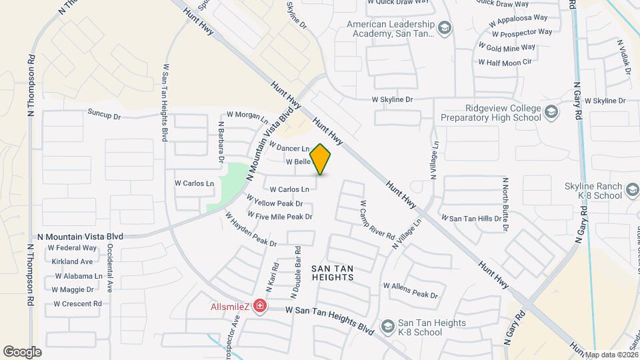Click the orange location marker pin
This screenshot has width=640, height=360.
tap(321, 159)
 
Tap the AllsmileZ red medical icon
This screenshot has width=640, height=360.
tap(259, 306)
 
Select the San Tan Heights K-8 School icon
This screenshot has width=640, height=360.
tap(387, 325)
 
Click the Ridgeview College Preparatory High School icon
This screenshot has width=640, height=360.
tap(551, 111)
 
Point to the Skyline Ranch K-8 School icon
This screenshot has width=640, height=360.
tap(631, 192)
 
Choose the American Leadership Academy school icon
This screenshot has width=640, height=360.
tap(445, 27)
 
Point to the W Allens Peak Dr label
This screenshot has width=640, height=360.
tap(410, 289)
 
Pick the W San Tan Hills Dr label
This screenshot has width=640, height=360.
tap(471, 219)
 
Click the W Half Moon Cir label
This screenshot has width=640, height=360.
tap(505, 62)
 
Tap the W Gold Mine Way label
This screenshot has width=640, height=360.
tap(507, 47)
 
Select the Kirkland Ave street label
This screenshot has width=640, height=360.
tap(72, 261)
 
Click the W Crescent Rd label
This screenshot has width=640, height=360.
tap(77, 303)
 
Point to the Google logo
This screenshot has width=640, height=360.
tap(22, 351)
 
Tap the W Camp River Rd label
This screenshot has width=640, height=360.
tap(377, 220)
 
